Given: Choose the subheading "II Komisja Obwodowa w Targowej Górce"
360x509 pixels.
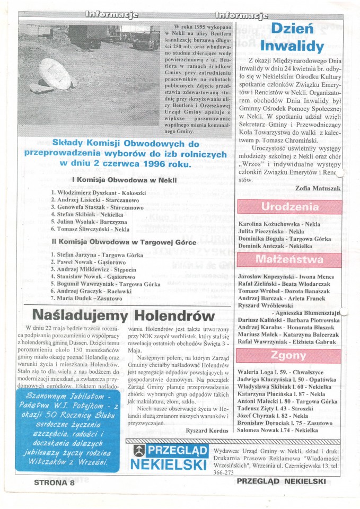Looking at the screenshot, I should click(x=124, y=242).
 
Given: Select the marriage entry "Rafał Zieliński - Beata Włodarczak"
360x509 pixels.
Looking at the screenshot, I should click(x=283, y=284).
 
